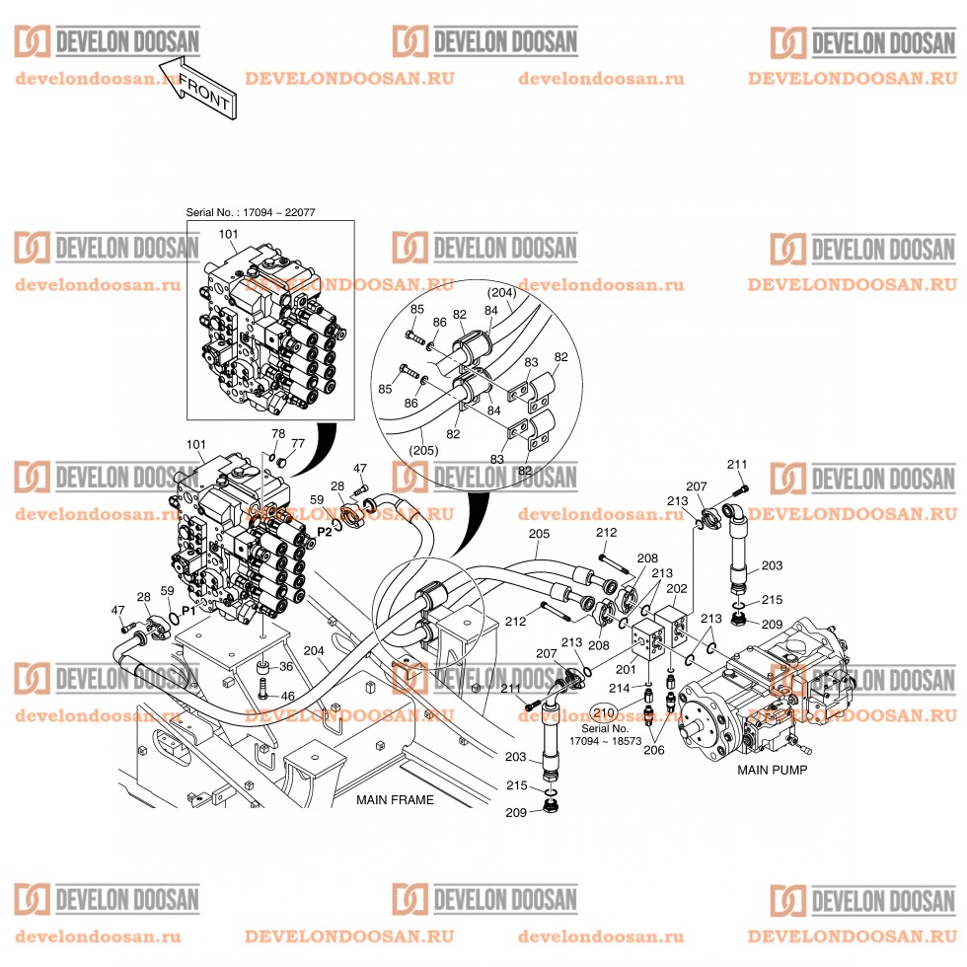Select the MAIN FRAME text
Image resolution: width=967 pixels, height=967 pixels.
(x=395, y=800)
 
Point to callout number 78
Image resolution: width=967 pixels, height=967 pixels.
(x=278, y=433)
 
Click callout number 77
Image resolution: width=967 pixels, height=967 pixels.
(x=297, y=444)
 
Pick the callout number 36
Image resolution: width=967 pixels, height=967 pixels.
(x=287, y=667)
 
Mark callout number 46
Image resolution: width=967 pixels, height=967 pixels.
(x=287, y=697)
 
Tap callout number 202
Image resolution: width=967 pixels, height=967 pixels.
(x=678, y=589)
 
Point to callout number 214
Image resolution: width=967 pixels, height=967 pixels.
(x=618, y=688)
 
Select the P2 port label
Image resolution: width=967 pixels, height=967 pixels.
(x=325, y=531)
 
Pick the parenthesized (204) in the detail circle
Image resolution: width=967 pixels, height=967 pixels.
(x=502, y=292)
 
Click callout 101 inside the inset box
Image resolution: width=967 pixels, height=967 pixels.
(x=228, y=234)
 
